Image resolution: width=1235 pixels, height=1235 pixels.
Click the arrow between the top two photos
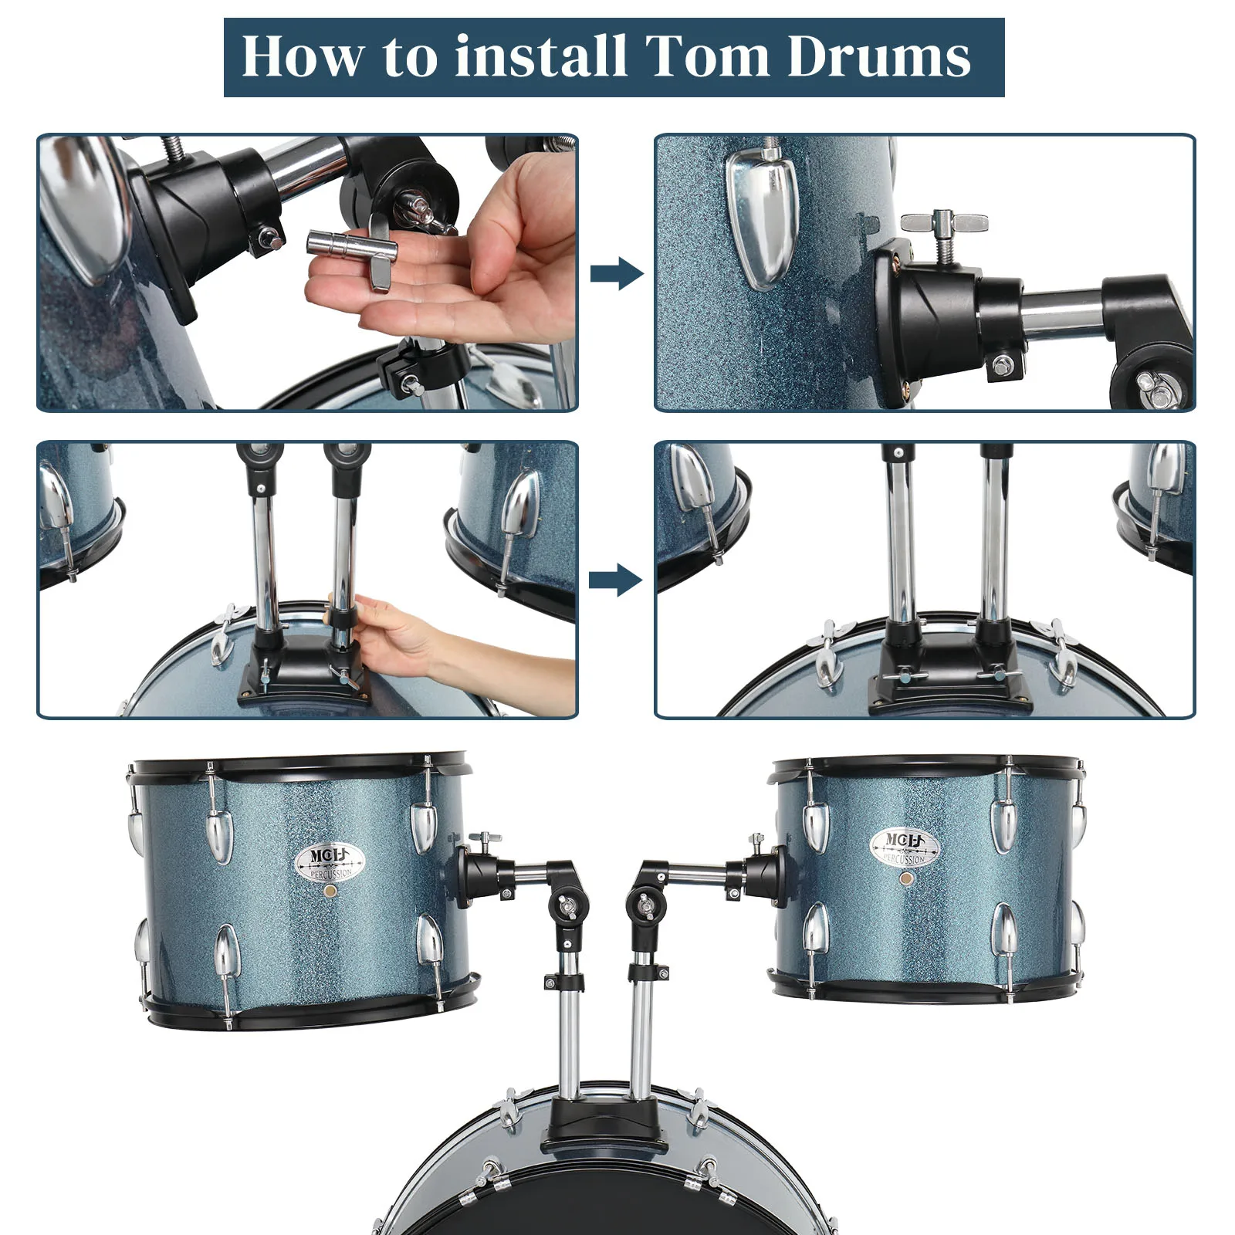pos(616,273)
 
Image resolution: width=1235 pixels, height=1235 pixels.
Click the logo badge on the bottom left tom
pos(330,863)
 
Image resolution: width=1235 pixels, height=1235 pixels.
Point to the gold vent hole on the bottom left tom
pos(330,890)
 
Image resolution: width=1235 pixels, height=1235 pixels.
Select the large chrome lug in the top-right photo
pos(763,220)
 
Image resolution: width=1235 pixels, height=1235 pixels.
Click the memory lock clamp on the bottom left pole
pos(564,982)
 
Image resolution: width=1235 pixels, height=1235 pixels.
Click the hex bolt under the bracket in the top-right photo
pos(1003,364)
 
